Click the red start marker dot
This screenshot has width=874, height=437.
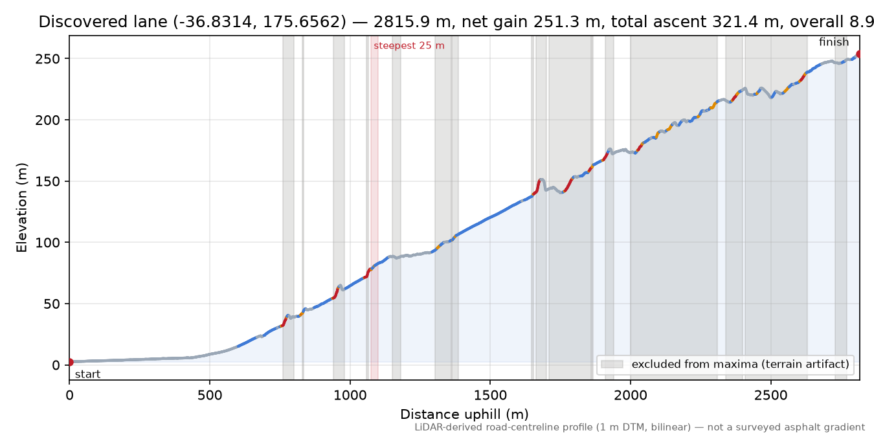coord(70,362)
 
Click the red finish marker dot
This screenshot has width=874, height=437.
coord(859,54)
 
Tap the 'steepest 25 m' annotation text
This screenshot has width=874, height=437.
coord(409,46)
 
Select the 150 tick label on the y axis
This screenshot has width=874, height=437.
coord(47,181)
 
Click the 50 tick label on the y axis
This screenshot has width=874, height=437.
coord(52,304)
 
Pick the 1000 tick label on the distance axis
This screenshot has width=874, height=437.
coord(350,396)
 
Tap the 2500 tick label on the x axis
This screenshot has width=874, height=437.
coord(770,396)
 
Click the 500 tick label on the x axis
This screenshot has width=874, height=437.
coord(210,396)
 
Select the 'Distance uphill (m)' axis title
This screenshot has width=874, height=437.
coord(464,414)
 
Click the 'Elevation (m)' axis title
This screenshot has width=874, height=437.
coord(22,208)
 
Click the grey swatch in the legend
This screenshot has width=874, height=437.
coord(612,364)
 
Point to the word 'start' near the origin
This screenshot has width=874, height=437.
coord(87,374)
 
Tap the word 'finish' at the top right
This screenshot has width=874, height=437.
coord(834,41)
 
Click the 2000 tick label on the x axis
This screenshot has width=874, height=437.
coord(630,396)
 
